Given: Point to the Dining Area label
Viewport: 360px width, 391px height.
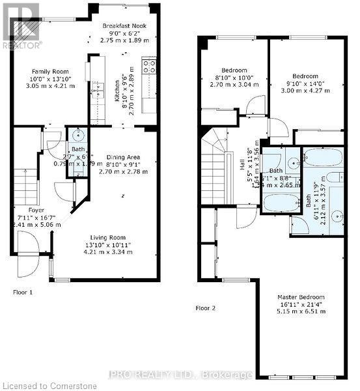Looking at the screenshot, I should pos(123,157).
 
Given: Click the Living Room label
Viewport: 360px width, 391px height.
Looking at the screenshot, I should pos(109,237).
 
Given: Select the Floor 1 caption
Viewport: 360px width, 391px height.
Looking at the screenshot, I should pos(23,292).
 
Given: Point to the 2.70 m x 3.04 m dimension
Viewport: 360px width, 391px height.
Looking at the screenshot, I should pos(234,84).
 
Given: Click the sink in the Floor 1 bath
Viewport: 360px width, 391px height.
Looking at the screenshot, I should pos(77,136).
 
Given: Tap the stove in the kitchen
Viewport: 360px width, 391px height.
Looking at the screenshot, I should pos(147,65).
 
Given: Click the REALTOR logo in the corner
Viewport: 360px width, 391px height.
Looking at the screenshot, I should pos(21,25).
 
